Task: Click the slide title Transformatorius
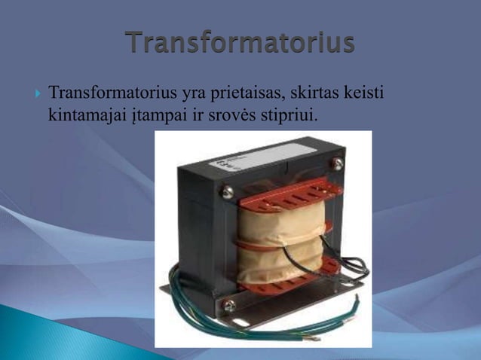(240, 43)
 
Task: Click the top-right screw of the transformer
(337, 163)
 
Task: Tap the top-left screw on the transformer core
(226, 192)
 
